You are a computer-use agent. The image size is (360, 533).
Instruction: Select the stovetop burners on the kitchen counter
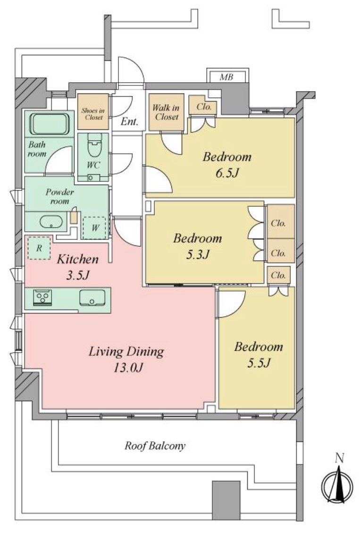point(42,297)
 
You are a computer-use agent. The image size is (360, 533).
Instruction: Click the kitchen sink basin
point(92,298)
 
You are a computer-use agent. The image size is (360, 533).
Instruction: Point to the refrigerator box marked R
point(39,248)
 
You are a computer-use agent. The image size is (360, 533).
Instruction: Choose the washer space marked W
point(94,228)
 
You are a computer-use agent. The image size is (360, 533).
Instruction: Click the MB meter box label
point(226,77)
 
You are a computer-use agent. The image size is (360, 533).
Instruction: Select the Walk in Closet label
point(166,112)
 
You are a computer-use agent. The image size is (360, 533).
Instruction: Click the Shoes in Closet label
point(93,114)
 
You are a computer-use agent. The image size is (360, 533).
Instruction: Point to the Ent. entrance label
point(129,121)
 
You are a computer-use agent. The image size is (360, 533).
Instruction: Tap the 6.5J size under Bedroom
point(227,173)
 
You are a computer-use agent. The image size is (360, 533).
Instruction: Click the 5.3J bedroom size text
point(197,254)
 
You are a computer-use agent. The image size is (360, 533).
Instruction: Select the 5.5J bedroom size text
point(259,363)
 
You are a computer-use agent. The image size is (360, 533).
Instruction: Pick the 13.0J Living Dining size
point(126,367)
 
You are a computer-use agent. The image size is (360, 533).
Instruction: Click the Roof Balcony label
point(155,446)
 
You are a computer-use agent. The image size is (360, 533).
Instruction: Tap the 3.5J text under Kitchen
point(78,275)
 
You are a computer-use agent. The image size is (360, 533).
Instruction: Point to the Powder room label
point(60,196)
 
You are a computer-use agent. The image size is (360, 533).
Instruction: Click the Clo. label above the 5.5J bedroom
point(278,275)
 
